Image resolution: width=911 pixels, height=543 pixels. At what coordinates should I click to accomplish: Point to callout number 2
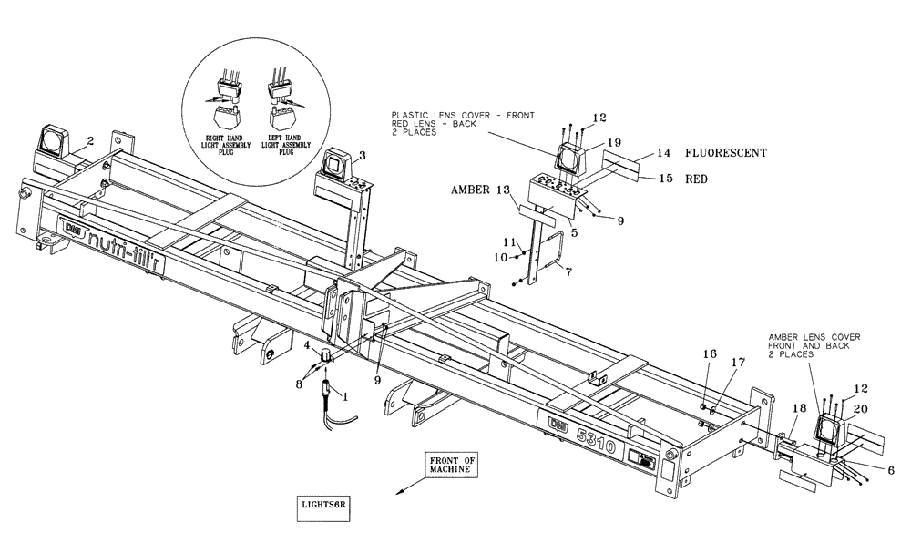click(x=90, y=141)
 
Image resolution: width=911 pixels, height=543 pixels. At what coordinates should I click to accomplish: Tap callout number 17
click(x=737, y=362)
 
